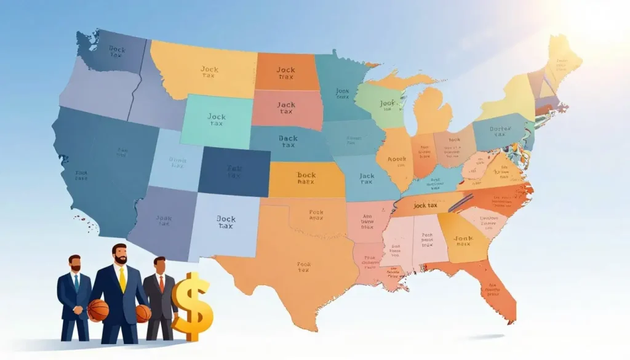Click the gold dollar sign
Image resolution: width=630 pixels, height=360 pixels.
click(x=191, y=306)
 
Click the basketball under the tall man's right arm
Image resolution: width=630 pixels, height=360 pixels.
click(x=98, y=310)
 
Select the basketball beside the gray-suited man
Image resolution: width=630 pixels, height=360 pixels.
click(x=143, y=313)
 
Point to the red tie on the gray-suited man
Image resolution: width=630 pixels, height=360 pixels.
click(x=161, y=284)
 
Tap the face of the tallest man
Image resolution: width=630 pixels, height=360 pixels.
click(x=120, y=255)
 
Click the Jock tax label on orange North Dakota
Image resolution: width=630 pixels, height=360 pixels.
click(x=285, y=73)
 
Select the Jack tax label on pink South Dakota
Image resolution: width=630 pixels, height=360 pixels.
click(x=285, y=108)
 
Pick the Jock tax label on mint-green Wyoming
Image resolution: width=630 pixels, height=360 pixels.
click(x=217, y=119)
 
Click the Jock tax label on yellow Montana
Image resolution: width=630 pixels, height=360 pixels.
click(x=209, y=73)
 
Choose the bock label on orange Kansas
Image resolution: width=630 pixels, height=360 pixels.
click(x=306, y=178)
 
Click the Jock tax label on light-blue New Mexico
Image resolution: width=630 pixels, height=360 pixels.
click(x=226, y=222)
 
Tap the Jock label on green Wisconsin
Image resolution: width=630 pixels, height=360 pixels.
click(x=386, y=106)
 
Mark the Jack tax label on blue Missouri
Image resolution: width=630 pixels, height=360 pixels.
click(x=366, y=179)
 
